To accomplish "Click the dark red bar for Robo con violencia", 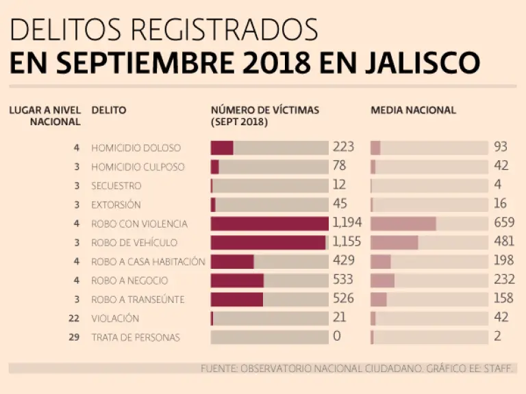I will (270, 224).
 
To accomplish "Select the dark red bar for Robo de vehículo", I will (268, 243).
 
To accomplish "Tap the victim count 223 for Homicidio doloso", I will (343, 147).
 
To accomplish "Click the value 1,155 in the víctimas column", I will (347, 242).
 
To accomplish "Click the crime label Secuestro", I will (116, 185).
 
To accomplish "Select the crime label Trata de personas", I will (136, 337).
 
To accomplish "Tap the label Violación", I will (115, 318).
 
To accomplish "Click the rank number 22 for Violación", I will (75, 318).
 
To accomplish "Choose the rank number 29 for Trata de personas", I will (75, 337).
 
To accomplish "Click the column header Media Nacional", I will (413, 110).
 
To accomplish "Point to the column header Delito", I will (109, 110).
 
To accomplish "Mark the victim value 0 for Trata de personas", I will (337, 337).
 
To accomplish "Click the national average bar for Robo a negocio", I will (383, 280).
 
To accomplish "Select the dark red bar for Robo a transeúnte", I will (237, 300).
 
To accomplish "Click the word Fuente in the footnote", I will (218, 369).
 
